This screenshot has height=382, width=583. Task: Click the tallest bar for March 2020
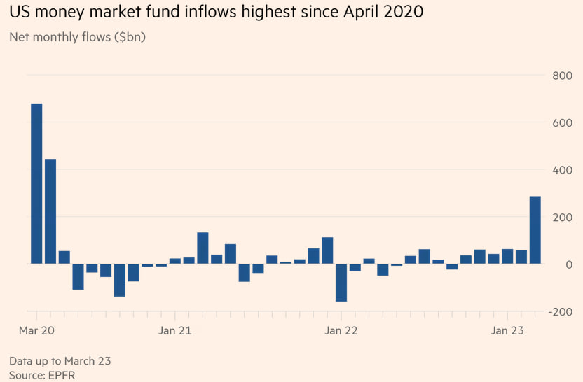pos(36,183)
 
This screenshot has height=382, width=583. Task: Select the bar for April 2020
pos(50,211)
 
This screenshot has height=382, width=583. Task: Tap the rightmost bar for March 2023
pos(535,230)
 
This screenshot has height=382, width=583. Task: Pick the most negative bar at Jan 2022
pos(341,283)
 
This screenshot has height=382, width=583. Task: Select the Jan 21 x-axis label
pos(175,330)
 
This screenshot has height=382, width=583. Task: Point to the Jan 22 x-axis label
pos(341,330)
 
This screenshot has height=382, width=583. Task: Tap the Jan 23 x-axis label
pos(507,330)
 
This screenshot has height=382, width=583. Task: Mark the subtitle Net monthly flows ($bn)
pos(77,37)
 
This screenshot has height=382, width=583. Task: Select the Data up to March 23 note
pos(60,361)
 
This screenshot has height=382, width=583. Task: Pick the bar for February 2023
pos(521,257)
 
